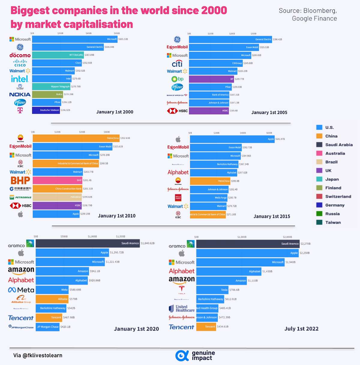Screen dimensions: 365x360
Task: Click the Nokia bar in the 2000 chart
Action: [47, 94]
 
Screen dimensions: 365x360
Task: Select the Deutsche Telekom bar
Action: [46, 110]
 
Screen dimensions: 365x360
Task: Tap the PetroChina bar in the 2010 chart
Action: [76, 138]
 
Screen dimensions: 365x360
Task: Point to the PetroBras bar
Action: [57, 197]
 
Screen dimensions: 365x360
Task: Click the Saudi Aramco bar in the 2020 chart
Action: [88, 243]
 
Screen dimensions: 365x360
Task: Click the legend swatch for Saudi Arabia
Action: [319, 145]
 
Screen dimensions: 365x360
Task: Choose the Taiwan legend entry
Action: [333, 222]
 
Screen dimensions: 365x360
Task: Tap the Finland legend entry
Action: [333, 188]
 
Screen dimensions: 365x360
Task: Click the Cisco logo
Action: [20, 63]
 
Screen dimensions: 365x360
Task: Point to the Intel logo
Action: [20, 79]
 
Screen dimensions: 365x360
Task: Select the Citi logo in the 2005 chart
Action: [177, 64]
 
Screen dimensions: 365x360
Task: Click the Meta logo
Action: [21, 290]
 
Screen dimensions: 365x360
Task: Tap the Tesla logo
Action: [181, 289]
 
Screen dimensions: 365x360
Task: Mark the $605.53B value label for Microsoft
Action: [123, 39]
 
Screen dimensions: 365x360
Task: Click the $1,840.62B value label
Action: [148, 243]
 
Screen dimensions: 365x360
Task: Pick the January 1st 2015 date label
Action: [271, 216]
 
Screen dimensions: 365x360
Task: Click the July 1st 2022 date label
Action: [301, 329]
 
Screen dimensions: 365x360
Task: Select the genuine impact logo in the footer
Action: [195, 355]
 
